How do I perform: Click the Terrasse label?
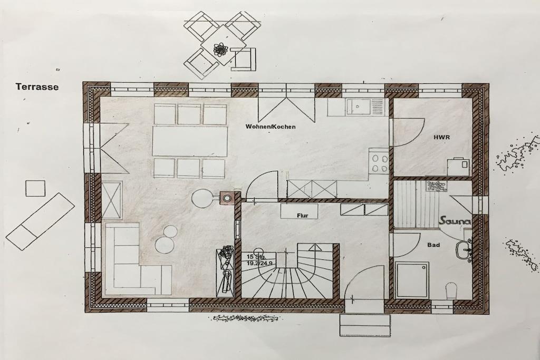coord(37,87)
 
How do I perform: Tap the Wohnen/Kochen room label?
coord(271,127)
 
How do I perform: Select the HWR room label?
coord(441,138)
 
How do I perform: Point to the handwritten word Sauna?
coord(455,221)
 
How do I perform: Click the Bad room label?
coord(433,245)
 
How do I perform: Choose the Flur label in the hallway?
coord(302,216)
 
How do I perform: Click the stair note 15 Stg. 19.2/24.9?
coord(259,260)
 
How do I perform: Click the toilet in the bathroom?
coord(451,290)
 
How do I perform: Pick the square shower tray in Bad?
coord(412,279)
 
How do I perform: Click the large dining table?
coord(190,141)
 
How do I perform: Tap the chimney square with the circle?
coord(227,198)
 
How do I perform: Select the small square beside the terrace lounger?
coord(35,188)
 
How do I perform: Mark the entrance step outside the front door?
coord(365,325)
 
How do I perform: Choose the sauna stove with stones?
coord(437,186)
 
